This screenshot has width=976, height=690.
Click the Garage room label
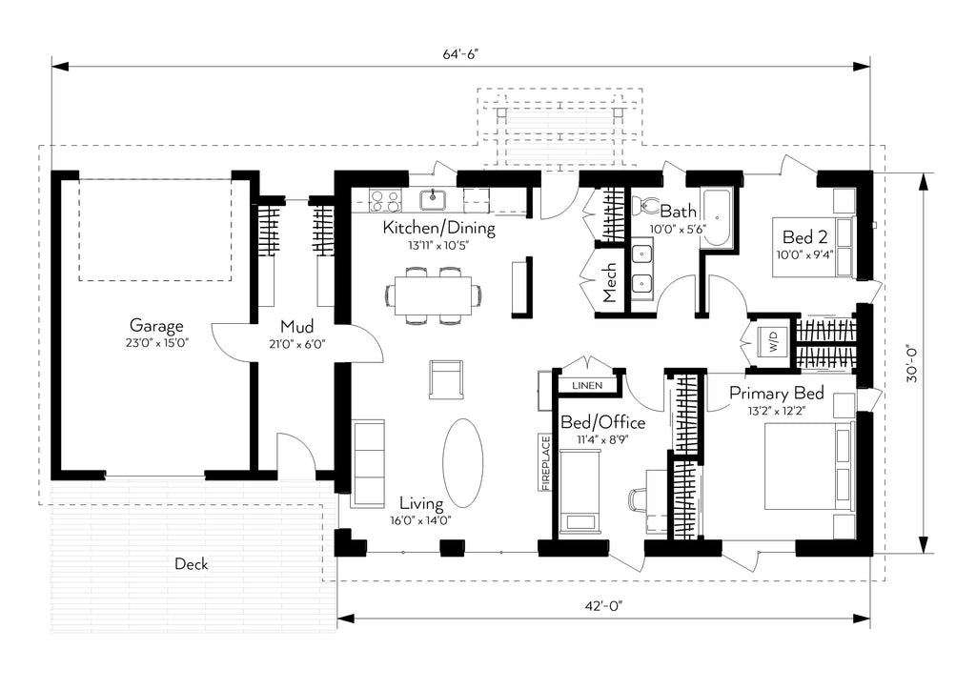[156, 325]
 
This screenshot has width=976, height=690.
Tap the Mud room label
[297, 326]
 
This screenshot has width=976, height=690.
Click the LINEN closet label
[587, 386]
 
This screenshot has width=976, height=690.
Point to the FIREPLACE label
[546, 463]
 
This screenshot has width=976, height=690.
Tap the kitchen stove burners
[385, 201]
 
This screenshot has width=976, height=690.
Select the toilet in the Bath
[647, 206]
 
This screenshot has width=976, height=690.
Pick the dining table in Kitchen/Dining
[434, 294]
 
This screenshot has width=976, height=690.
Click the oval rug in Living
[462, 463]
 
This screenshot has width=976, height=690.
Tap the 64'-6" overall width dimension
[460, 54]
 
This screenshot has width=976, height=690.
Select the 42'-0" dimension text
[603, 606]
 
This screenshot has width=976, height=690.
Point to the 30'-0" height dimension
[912, 363]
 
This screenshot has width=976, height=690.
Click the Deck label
[192, 564]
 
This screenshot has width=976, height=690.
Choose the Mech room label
[609, 282]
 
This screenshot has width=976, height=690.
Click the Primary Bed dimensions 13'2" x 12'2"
[776, 411]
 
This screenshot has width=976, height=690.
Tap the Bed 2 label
[804, 237]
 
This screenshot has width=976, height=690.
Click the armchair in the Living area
[446, 379]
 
